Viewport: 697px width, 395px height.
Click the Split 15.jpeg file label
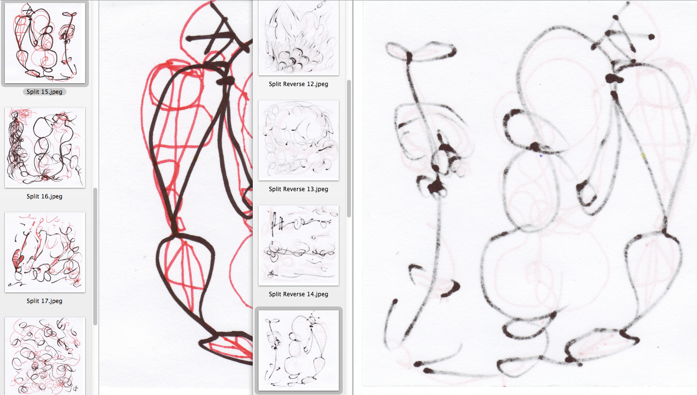click(45, 91)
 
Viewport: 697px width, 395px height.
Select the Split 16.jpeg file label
click(45, 196)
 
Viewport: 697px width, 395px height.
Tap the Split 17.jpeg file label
click(45, 301)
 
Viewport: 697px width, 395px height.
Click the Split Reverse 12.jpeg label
click(298, 84)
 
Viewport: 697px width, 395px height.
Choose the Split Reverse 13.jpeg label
click(298, 189)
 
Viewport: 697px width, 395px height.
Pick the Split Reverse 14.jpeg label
click(298, 294)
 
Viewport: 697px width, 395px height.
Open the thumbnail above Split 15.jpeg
click(45, 43)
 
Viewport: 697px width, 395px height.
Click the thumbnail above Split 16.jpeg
click(45, 148)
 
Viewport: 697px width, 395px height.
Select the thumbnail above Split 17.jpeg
click(45, 252)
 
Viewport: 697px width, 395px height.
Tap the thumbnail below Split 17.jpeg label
click(45, 356)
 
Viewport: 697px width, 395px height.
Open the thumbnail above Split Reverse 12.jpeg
click(299, 37)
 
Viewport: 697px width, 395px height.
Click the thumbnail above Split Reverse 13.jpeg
click(299, 140)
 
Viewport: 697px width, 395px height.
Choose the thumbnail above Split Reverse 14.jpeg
click(299, 245)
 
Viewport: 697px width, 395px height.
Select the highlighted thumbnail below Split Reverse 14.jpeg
click(299, 350)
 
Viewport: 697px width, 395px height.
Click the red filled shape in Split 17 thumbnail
click(17, 259)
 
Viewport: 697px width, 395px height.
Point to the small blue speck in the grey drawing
click(541, 156)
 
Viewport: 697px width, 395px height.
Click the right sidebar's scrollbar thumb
click(349, 148)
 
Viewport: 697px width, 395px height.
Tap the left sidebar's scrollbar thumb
click(95, 256)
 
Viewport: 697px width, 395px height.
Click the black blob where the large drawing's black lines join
click(226, 81)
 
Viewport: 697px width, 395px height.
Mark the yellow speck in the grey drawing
click(644, 156)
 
